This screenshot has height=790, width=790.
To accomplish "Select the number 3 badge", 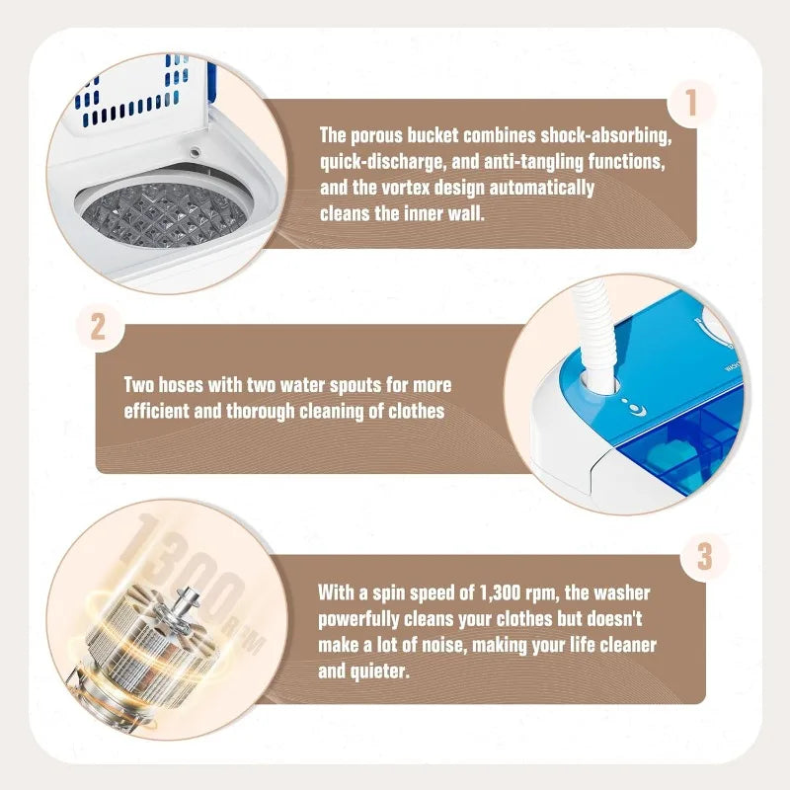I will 703,556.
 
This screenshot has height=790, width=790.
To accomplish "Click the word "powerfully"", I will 361,619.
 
